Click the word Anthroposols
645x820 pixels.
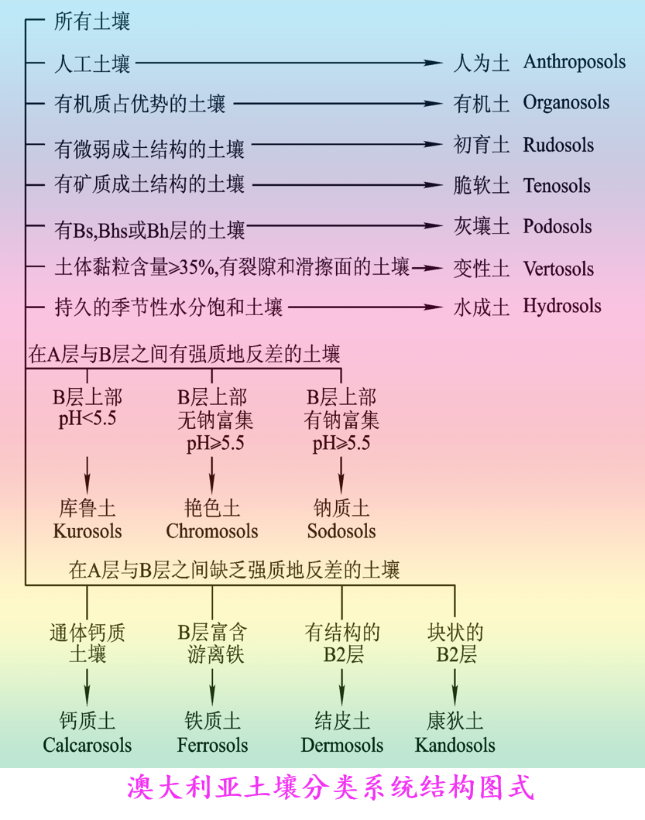coord(574,62)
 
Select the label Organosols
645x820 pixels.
coord(566,103)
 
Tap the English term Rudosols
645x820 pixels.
coord(558,145)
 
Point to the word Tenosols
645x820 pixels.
coord(556,186)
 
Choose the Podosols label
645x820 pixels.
coord(557,227)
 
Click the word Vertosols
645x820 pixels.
coord(558,269)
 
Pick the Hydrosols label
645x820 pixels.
coord(561,307)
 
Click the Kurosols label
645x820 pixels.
coord(87,531)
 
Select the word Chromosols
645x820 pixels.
coord(212,531)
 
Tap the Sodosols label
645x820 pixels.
coord(341,531)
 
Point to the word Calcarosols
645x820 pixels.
coord(87,745)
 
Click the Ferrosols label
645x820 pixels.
coord(212,745)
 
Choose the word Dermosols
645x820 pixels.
coord(341,745)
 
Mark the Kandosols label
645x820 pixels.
coord(455,745)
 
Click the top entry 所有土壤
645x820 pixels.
coord(92,22)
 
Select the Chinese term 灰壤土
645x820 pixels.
coord(481,227)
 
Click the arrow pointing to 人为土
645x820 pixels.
coord(287,63)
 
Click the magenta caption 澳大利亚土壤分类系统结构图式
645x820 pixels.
coord(330,789)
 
